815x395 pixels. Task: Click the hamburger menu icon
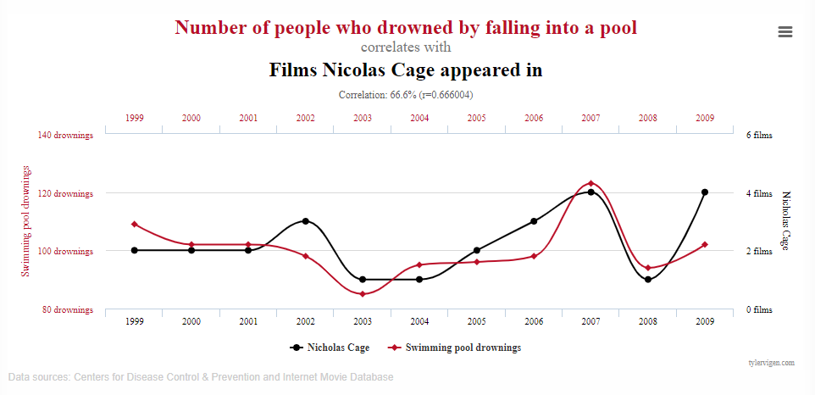(785, 31)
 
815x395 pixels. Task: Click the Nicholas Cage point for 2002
(306, 221)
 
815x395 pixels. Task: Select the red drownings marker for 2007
(590, 183)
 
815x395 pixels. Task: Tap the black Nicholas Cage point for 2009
(705, 192)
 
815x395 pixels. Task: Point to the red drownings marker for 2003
(363, 294)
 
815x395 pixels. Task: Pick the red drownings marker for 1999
(134, 224)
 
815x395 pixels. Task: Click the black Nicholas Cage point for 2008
(648, 279)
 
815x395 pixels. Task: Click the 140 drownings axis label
(65, 135)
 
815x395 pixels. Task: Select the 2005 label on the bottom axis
(477, 322)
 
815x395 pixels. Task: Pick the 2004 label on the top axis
(419, 119)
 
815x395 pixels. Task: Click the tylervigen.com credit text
(771, 363)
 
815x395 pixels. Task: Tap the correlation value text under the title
(406, 94)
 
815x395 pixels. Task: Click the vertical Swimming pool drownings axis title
(25, 220)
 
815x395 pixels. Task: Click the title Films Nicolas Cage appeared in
(406, 70)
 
